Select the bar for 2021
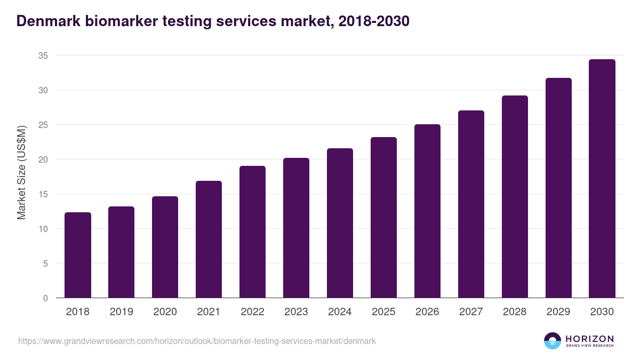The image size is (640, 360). (x=209, y=239)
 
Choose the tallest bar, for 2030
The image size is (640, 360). (x=602, y=179)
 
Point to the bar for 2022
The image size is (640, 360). (x=252, y=232)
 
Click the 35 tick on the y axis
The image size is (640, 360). (x=43, y=55)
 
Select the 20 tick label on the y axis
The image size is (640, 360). (x=43, y=159)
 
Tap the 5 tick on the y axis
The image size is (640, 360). (x=45, y=263)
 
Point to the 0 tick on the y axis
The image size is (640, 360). (x=45, y=298)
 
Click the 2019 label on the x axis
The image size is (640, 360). (x=122, y=312)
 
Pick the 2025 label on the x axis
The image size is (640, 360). (x=383, y=312)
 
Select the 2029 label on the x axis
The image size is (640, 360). (x=558, y=312)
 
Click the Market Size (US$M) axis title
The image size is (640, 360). (x=21, y=172)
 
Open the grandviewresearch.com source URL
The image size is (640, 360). (x=197, y=341)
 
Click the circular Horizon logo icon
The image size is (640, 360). (x=553, y=341)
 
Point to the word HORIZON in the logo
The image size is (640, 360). (x=589, y=339)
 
